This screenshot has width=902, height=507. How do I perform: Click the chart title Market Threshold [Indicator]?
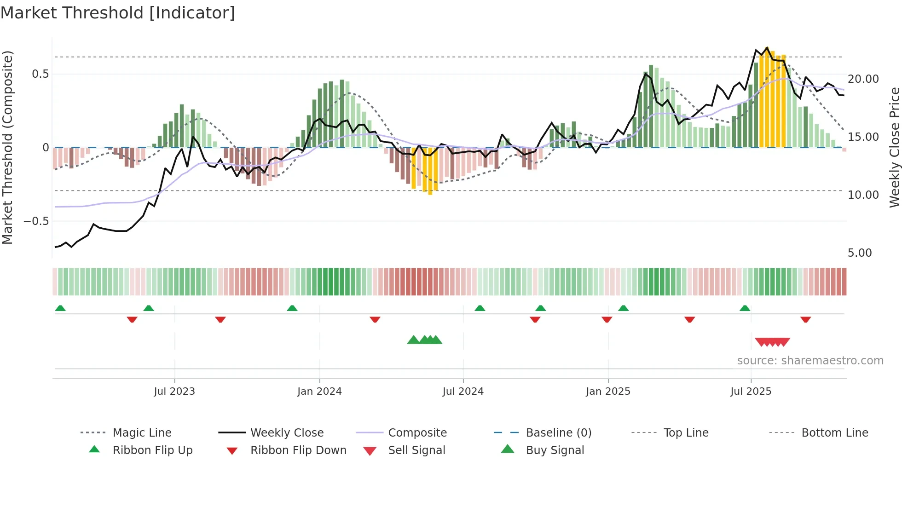[118, 13]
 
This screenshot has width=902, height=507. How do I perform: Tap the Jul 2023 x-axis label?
[174, 392]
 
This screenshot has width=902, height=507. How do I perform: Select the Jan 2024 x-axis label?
[319, 392]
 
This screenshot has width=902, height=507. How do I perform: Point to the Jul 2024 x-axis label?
[463, 392]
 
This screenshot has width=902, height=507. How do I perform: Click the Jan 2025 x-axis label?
[608, 392]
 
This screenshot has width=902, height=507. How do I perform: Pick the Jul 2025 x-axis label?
[751, 392]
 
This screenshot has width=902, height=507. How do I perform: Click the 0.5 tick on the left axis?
[40, 74]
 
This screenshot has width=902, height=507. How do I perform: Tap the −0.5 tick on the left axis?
[36, 221]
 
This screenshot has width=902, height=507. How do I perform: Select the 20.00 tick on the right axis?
[863, 79]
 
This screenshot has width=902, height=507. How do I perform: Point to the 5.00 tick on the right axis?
[860, 253]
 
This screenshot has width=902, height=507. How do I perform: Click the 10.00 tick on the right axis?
[863, 195]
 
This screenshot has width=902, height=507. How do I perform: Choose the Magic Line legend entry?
[142, 433]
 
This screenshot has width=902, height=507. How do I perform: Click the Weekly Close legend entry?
[287, 433]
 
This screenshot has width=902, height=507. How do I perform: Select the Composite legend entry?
[417, 433]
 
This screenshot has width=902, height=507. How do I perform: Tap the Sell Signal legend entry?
[416, 450]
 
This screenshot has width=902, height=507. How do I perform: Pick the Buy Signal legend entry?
[555, 450]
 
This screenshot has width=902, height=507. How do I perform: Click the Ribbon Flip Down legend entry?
[298, 450]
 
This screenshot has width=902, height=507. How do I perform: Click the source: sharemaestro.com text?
[810, 361]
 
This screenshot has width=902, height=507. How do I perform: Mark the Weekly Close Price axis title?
[894, 147]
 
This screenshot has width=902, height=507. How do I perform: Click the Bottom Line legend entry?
[834, 433]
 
